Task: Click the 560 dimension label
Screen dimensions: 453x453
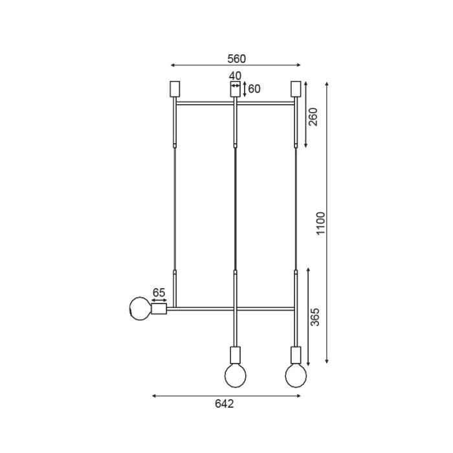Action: [x=236, y=59]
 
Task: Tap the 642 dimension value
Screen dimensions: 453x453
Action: [x=224, y=404]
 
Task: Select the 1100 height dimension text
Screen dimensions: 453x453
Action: [x=321, y=223]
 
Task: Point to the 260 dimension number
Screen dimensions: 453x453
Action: [x=313, y=116]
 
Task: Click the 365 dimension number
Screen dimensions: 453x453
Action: [x=315, y=317]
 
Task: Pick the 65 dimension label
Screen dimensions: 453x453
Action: [x=159, y=293]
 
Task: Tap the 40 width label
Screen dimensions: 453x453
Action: [x=235, y=76]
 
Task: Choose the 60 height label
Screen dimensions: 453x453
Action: [x=254, y=89]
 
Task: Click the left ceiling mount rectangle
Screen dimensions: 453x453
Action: [x=175, y=89]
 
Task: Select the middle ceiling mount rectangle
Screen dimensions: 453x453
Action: [x=235, y=89]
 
